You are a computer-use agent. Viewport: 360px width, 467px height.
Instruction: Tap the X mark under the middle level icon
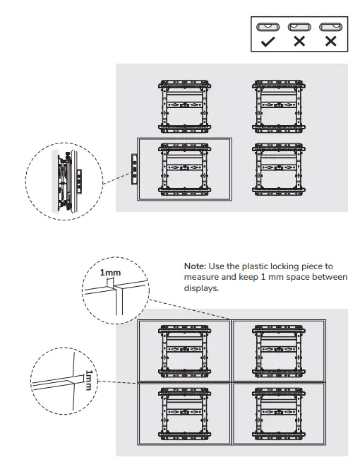click(x=299, y=42)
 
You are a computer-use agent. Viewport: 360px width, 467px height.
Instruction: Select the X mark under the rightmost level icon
click(x=330, y=42)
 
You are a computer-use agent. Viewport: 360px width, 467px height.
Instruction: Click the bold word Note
click(x=194, y=265)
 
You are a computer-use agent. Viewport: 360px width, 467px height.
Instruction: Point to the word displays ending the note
click(x=201, y=289)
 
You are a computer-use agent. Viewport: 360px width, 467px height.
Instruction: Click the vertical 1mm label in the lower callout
click(x=88, y=380)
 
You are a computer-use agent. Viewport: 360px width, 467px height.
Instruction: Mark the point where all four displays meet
click(x=231, y=381)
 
